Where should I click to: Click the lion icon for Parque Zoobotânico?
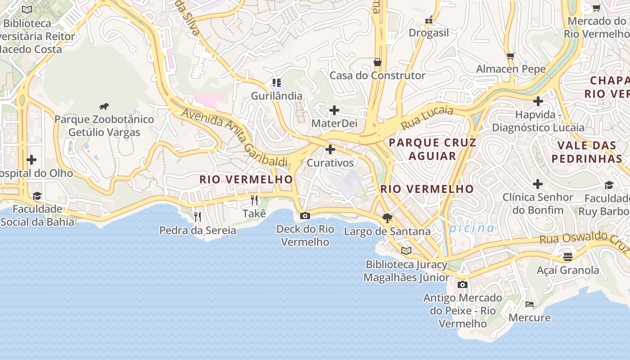coord(104,107)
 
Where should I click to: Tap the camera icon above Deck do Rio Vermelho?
coord(305,216)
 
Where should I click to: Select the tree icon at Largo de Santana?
coord(387,218)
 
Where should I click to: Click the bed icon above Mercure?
coord(530,304)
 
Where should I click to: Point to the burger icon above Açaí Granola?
coord(568,257)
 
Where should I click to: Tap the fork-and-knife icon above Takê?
coord(254,200)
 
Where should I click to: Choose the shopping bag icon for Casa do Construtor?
coord(378,62)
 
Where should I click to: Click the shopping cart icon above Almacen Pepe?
coord(511,56)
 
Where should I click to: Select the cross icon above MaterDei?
coord(334,110)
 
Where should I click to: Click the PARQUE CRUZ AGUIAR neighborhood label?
coord(432,149)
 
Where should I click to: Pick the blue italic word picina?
coord(472,228)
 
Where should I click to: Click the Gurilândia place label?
coord(277,96)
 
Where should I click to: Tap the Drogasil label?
coord(429,33)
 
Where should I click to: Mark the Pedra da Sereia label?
coord(198,230)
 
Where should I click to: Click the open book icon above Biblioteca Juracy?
coord(406,251)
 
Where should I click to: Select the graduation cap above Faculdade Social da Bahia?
coord(37,196)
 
